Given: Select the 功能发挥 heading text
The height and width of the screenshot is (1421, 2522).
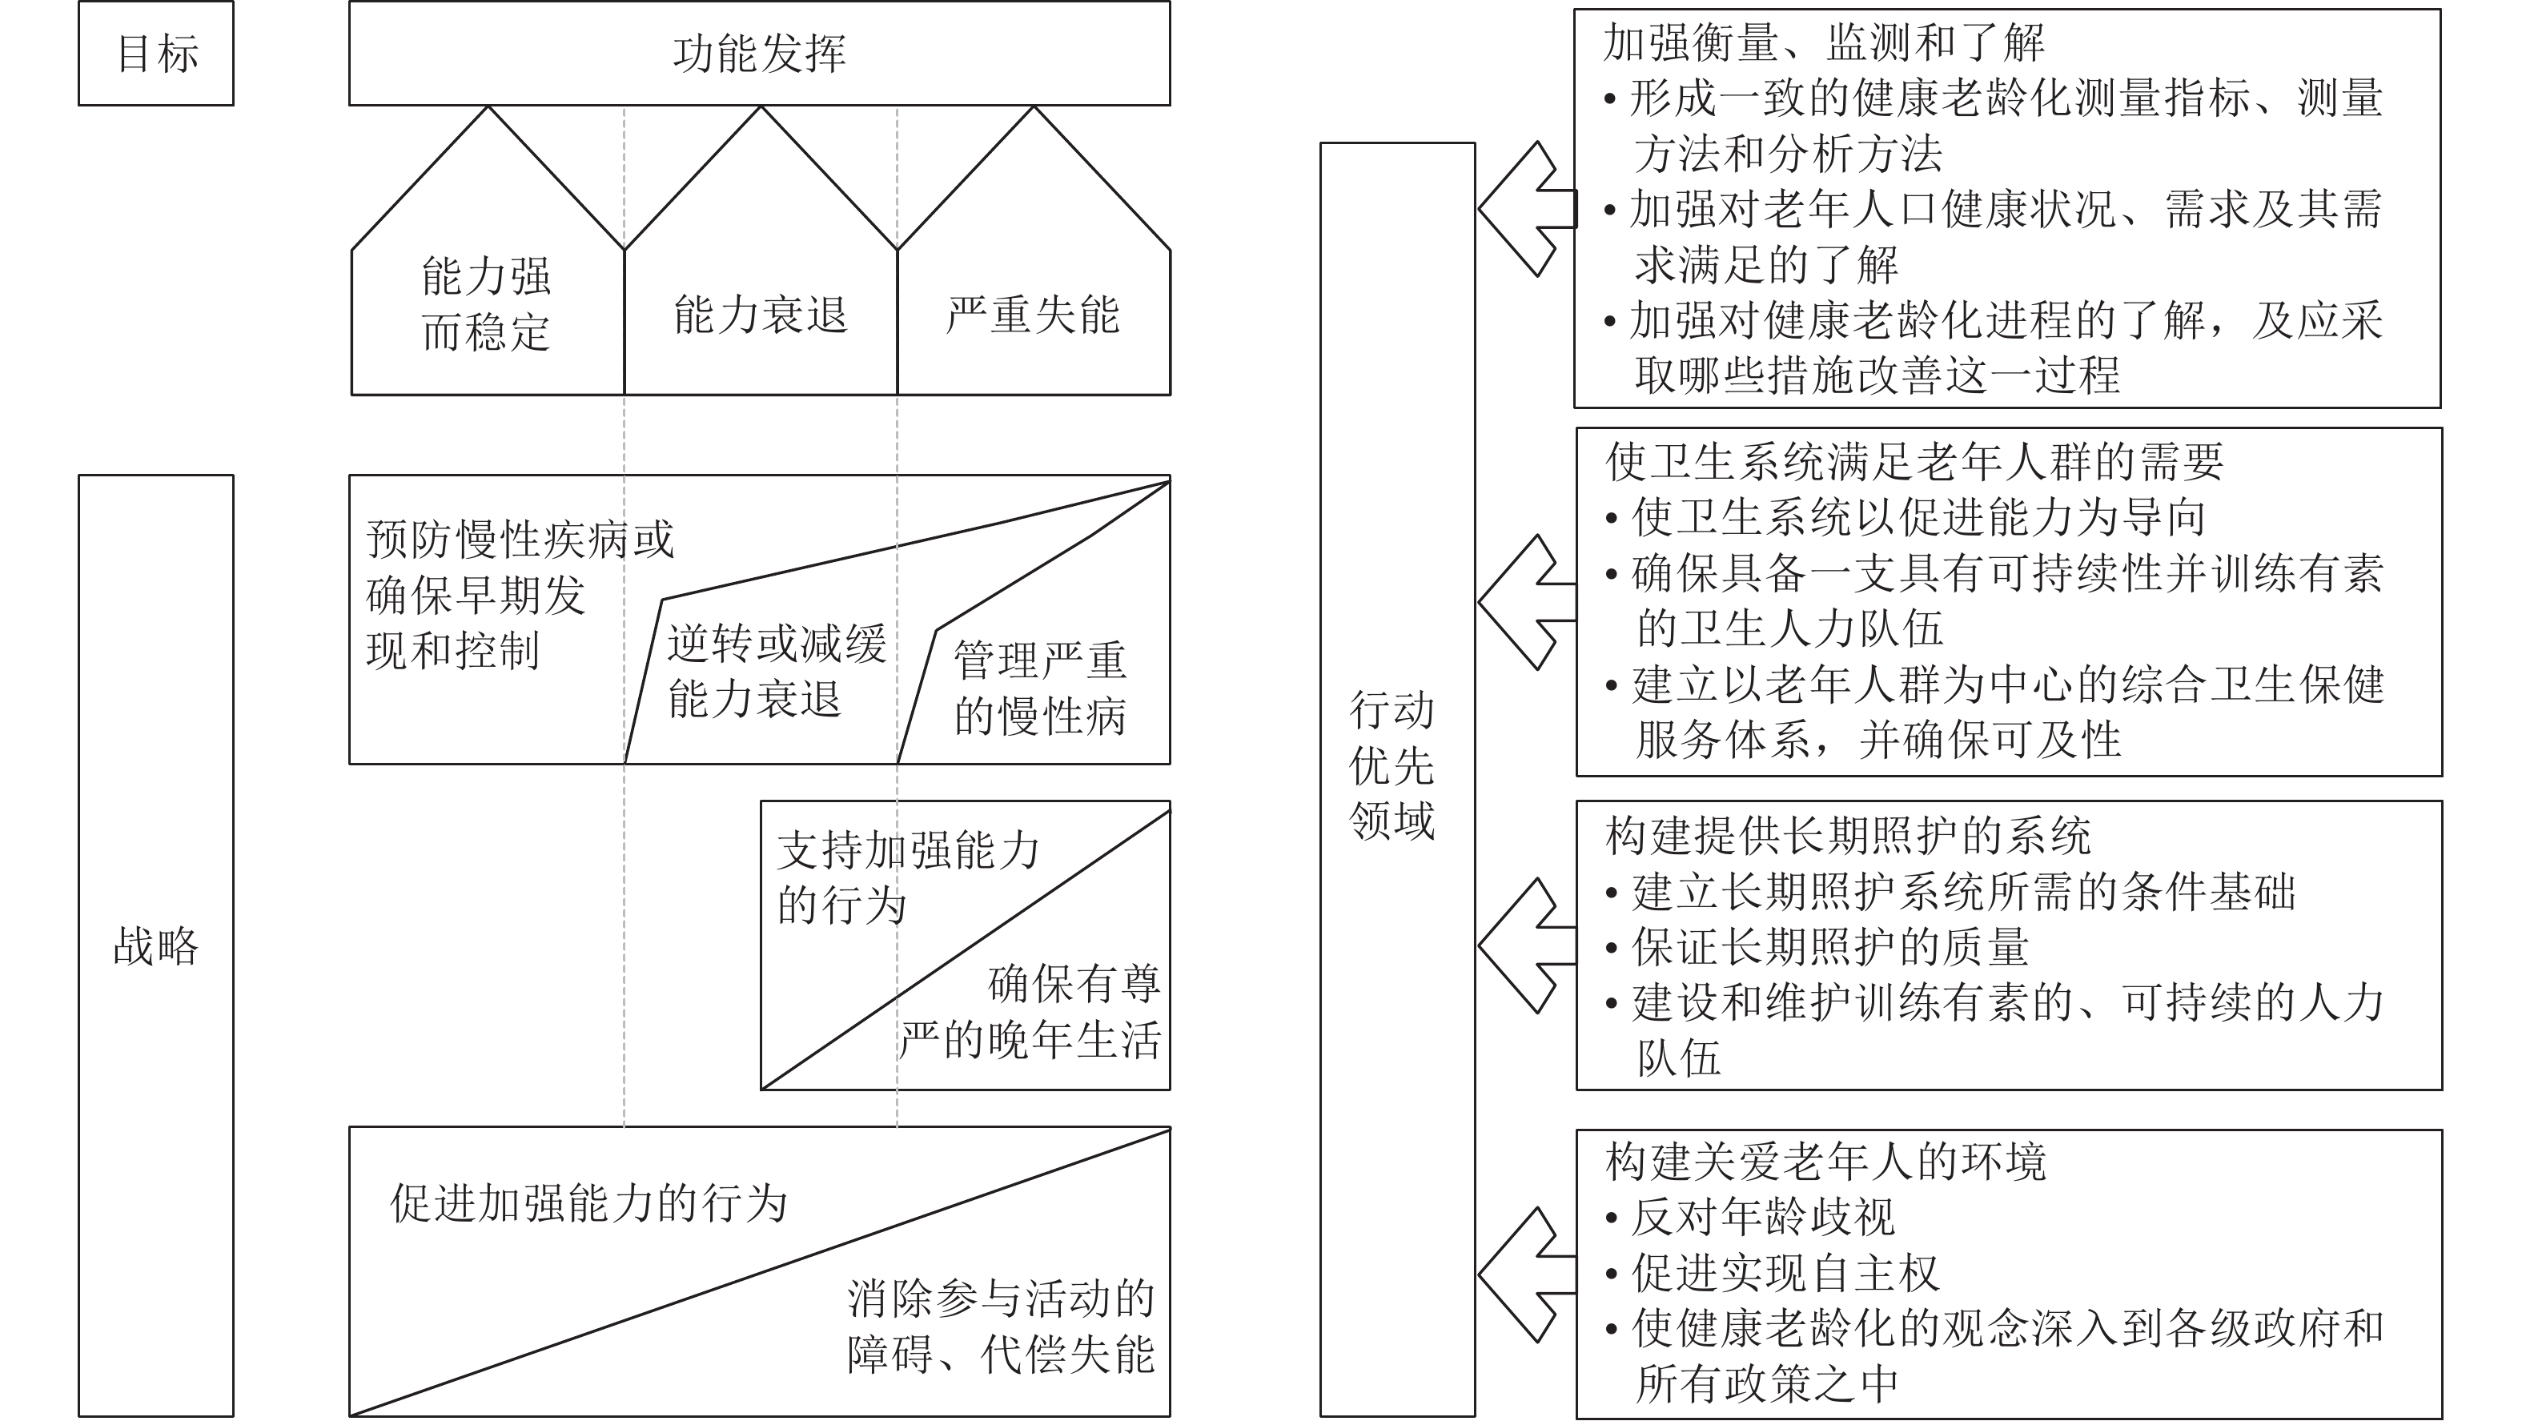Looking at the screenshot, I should tap(759, 54).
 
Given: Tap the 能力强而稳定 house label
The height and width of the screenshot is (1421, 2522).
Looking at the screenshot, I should tap(487, 304).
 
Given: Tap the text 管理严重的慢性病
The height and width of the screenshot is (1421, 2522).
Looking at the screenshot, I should tap(1040, 688).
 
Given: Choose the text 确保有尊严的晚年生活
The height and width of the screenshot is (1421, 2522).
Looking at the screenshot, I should tap(1030, 1011).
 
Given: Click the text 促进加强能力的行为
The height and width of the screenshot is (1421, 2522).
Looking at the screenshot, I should tap(588, 1202).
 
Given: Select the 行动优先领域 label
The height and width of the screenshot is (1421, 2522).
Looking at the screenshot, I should tap(1392, 765).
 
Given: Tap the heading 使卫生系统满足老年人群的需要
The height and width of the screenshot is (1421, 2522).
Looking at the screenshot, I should tap(1914, 462).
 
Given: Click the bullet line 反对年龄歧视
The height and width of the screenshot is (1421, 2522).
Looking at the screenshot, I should tap(1762, 1218).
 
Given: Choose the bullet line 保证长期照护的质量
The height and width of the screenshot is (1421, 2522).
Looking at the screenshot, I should tap(1829, 947).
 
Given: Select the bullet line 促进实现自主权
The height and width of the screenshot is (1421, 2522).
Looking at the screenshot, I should tap(1784, 1273).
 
